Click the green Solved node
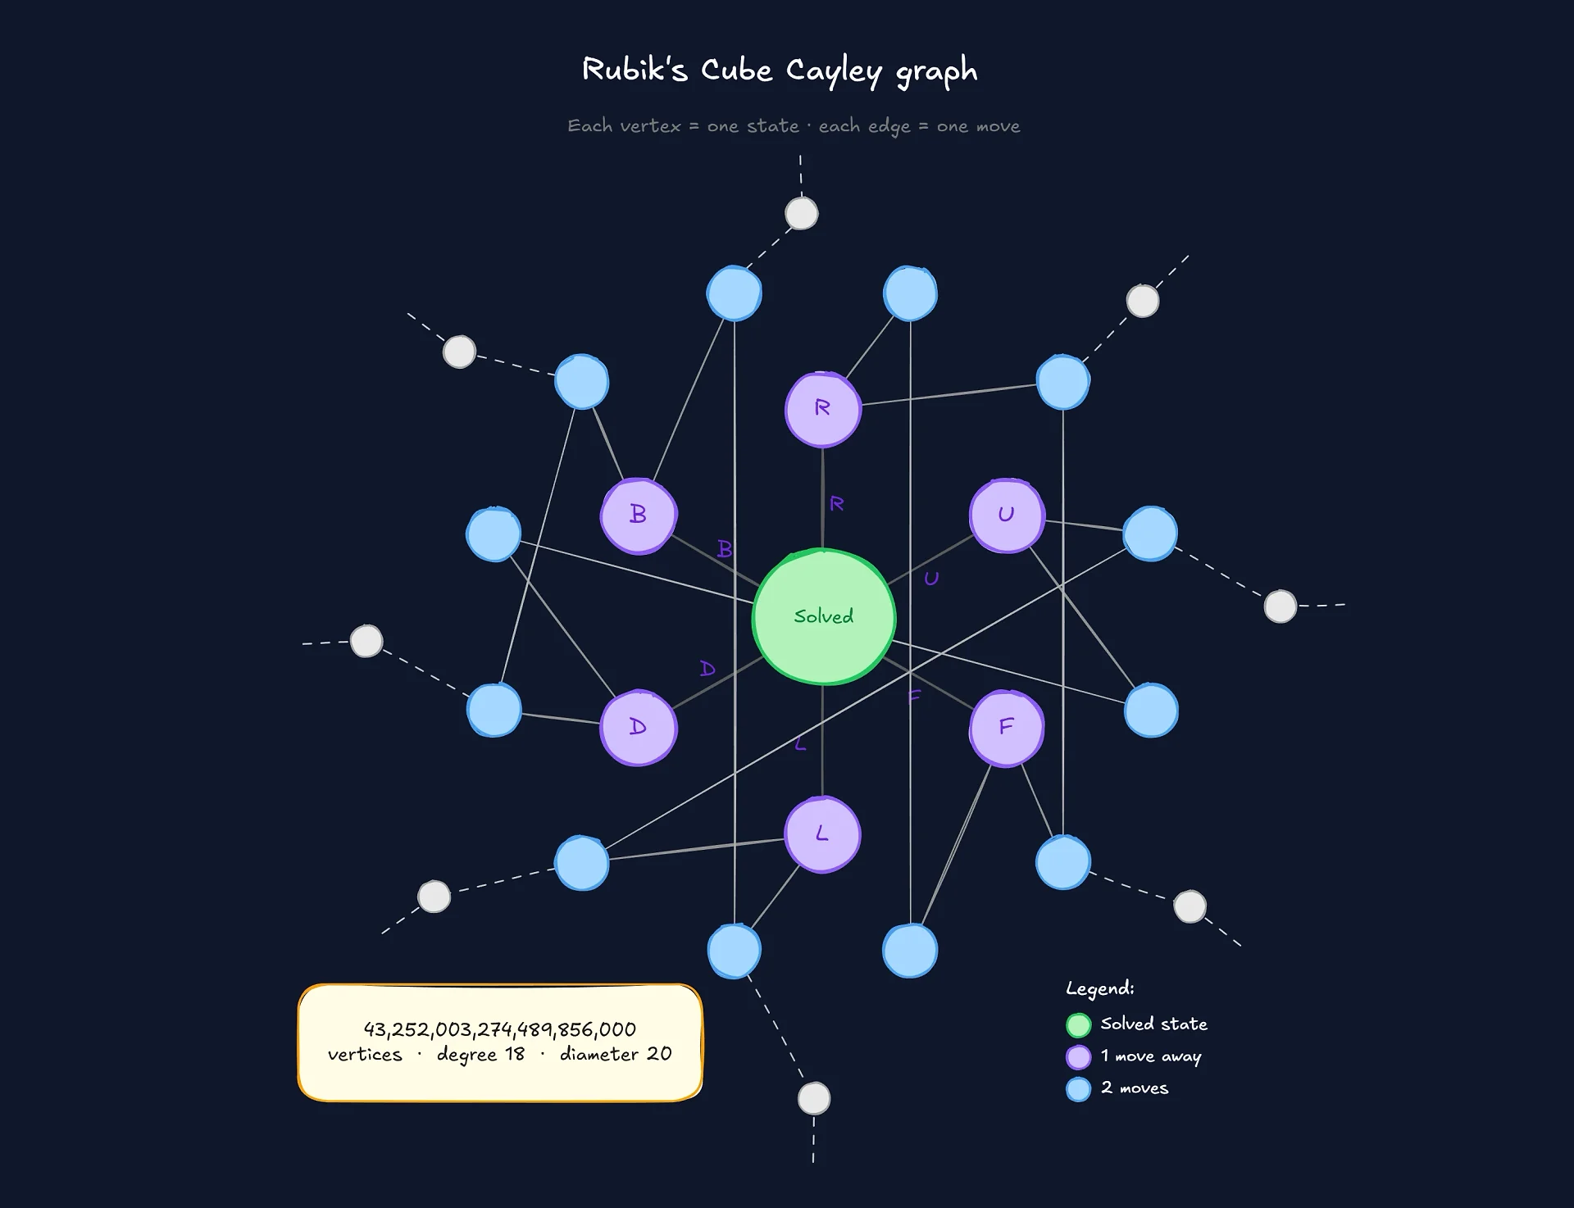tap(823, 616)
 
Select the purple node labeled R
tap(822, 409)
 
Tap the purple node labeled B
tap(639, 515)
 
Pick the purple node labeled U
tap(1007, 515)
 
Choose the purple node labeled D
tap(639, 728)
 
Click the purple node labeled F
tap(1007, 728)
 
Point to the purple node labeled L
tap(822, 834)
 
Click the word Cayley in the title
tap(833, 72)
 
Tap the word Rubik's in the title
tap(635, 70)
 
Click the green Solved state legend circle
tap(1078, 1025)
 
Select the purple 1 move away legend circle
tap(1078, 1057)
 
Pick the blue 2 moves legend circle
tap(1078, 1089)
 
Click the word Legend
tap(1099, 988)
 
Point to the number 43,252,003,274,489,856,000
tap(499, 1029)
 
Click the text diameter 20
tap(616, 1054)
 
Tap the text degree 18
tap(480, 1054)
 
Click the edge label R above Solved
tap(836, 504)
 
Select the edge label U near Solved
tap(931, 579)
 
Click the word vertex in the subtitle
tap(650, 126)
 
